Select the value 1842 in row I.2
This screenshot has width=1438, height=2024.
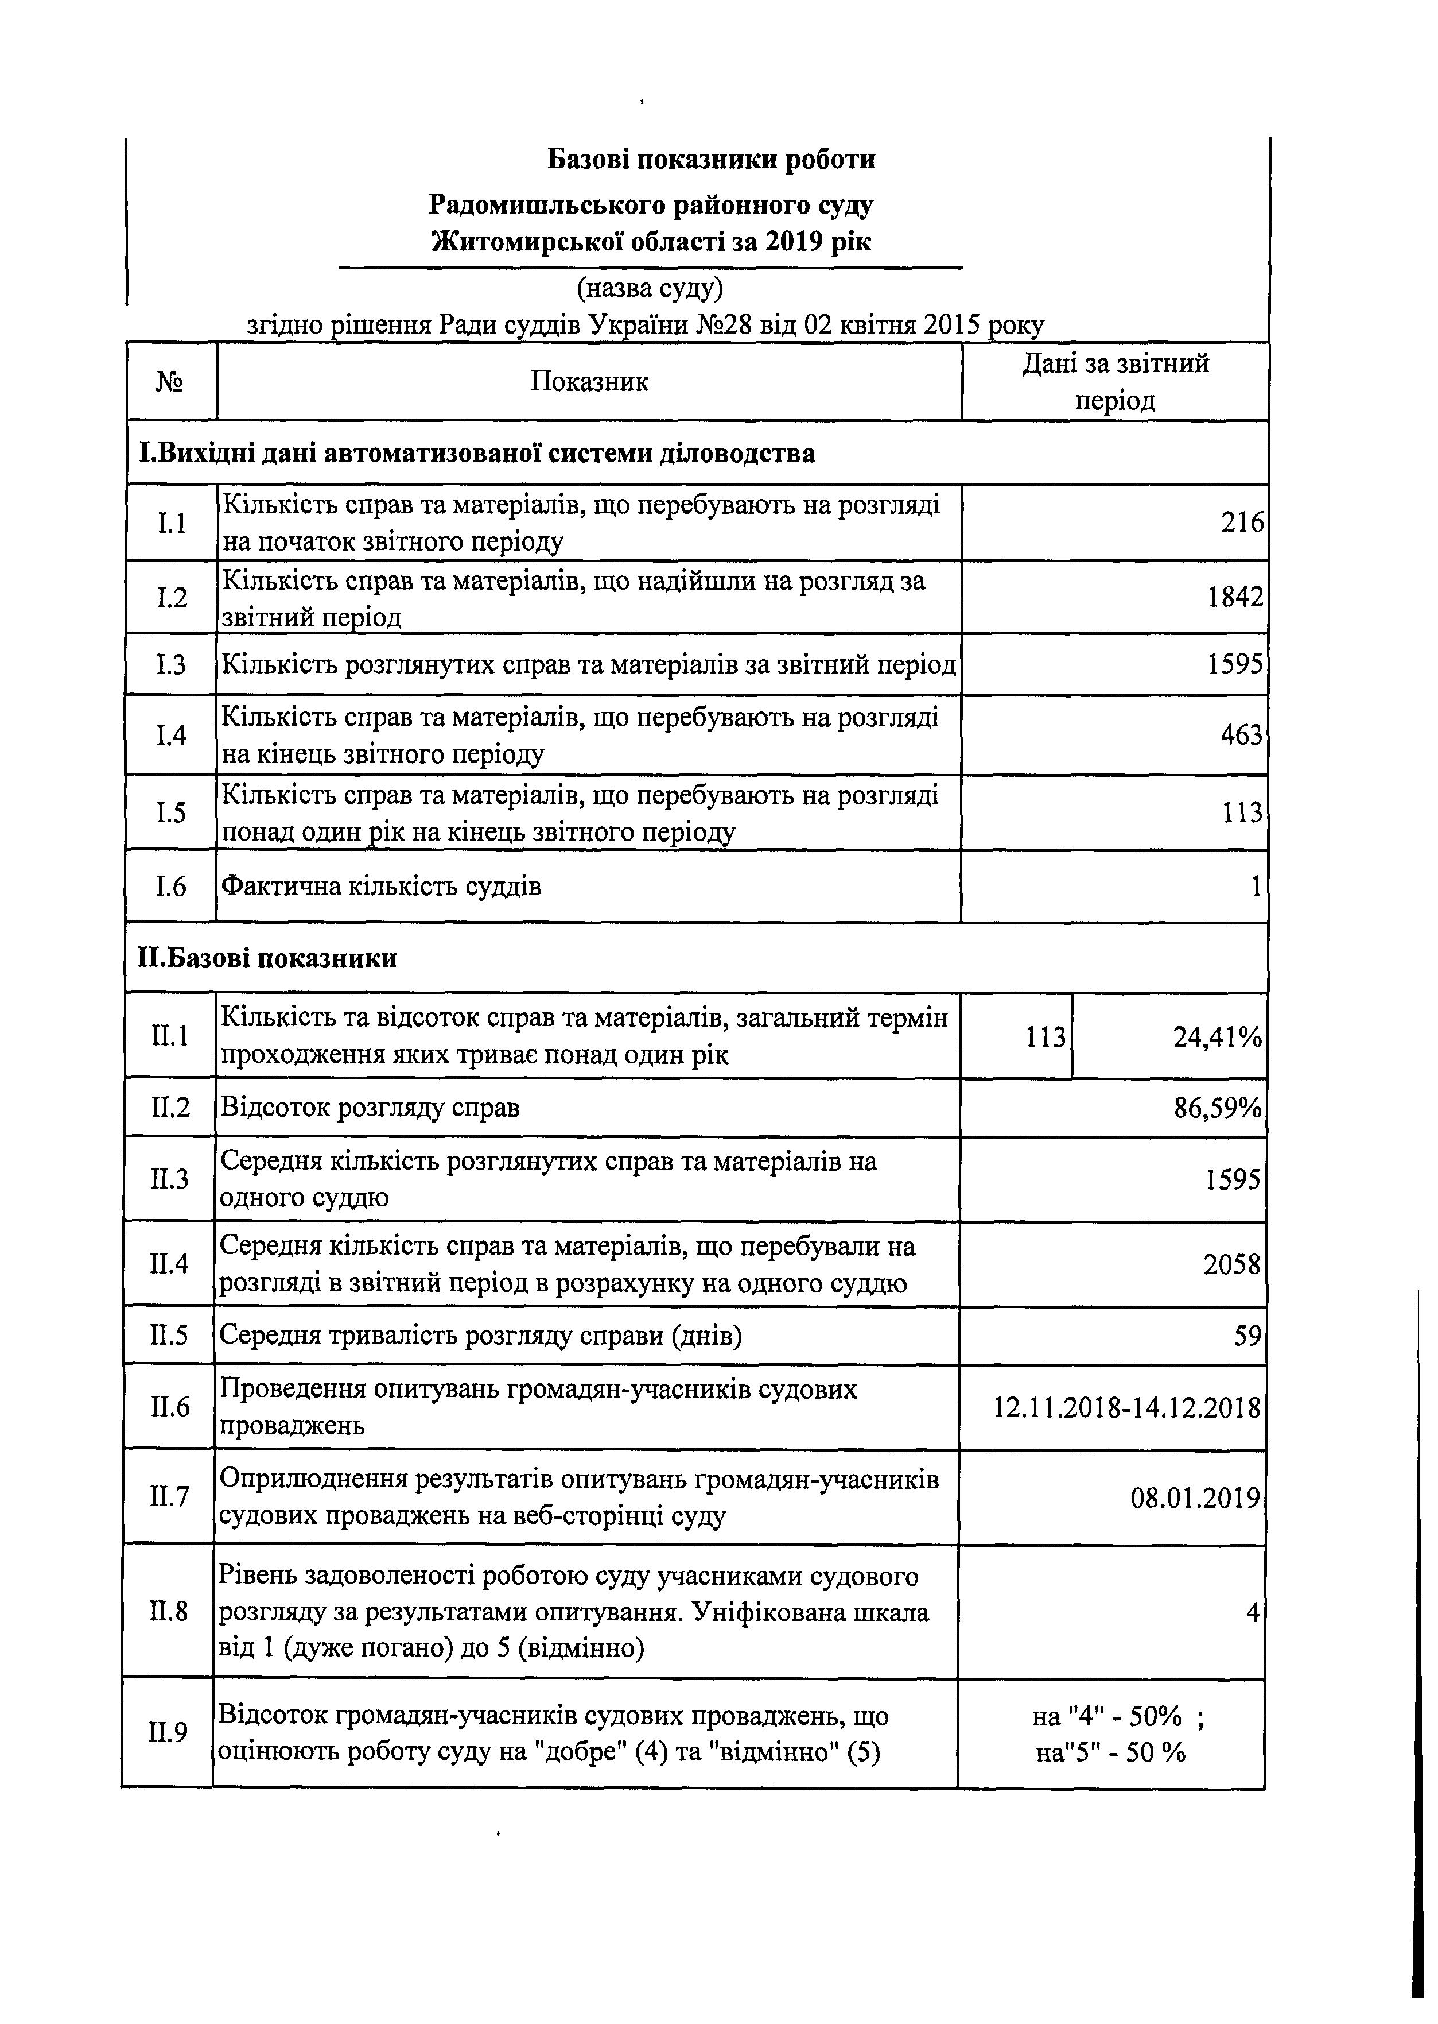click(x=1235, y=597)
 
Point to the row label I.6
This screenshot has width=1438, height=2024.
click(x=171, y=886)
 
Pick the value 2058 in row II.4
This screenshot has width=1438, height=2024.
click(x=1231, y=1264)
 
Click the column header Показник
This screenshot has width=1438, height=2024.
click(x=590, y=382)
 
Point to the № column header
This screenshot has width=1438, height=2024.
click(x=171, y=382)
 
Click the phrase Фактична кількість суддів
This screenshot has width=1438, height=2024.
click(x=381, y=886)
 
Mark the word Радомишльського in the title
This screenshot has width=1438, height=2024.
click(x=549, y=204)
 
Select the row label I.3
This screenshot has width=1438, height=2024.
click(x=171, y=663)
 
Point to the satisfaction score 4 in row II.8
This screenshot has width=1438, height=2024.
click(x=1252, y=1612)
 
